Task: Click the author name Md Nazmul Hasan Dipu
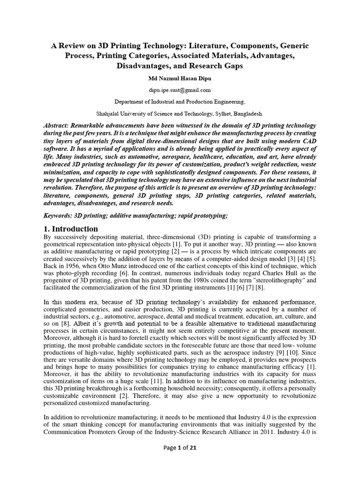pos(180,78)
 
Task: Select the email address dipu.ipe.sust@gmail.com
pos(180,90)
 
